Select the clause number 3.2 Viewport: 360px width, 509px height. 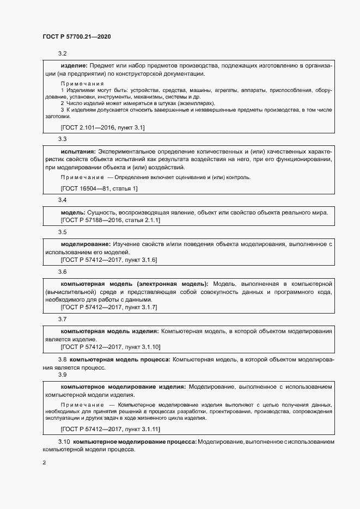[62, 54]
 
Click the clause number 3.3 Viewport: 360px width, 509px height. [62, 139]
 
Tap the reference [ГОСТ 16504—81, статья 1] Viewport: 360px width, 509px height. [99, 188]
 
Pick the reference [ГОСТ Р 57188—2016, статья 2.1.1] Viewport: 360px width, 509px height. [110, 220]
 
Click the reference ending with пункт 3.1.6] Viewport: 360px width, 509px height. [109, 260]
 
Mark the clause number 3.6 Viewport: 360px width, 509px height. [62, 272]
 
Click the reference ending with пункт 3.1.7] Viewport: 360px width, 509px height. [109, 308]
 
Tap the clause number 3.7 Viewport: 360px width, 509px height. [62, 319]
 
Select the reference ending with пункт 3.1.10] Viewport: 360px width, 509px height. [111, 347]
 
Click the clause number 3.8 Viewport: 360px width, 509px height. [62, 360]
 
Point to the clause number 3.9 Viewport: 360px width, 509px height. [62, 375]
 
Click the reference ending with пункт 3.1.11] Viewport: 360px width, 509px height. [111, 429]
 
